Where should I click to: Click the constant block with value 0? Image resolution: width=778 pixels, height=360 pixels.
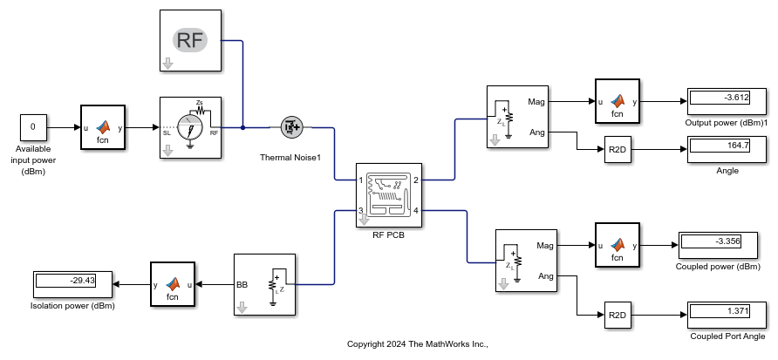pos(33,127)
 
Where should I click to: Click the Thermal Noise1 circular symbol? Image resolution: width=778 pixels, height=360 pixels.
pos(291,127)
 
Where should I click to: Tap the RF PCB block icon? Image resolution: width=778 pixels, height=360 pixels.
pos(389,195)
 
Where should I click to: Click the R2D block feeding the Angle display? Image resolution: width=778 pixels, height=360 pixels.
pos(618,150)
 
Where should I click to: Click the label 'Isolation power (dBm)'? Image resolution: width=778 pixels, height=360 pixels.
pos(73,306)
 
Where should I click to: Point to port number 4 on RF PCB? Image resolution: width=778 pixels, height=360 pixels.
pos(416,211)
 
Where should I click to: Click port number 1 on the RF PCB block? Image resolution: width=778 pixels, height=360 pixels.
pos(361,180)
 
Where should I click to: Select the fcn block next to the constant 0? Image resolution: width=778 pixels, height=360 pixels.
pos(103,127)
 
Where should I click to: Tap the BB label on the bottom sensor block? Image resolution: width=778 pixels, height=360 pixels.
pos(242,284)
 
